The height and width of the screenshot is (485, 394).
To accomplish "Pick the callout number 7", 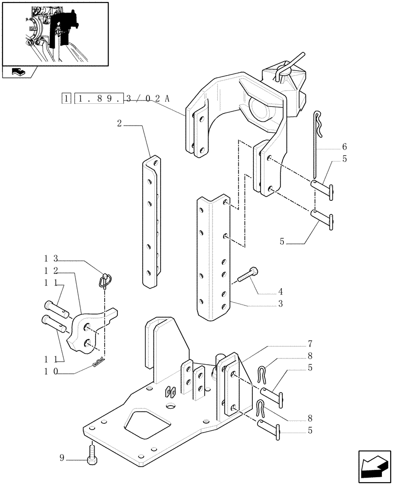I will [309, 345].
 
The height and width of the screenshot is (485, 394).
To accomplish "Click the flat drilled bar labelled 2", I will [150, 221].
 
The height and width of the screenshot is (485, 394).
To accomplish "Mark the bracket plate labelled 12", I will [90, 330].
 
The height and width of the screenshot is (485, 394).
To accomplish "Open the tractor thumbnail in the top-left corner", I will [54, 33].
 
